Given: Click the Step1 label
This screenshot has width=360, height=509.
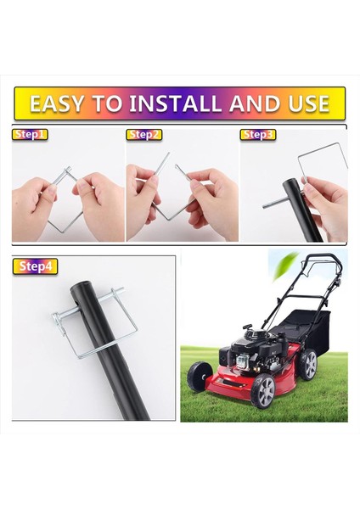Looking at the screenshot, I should pyautogui.click(x=30, y=134).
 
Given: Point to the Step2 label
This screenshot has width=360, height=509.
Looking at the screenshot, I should pyautogui.click(x=143, y=134).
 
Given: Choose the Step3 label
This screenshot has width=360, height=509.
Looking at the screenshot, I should pyautogui.click(x=258, y=134).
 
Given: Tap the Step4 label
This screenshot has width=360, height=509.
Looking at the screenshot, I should pyautogui.click(x=35, y=266).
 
